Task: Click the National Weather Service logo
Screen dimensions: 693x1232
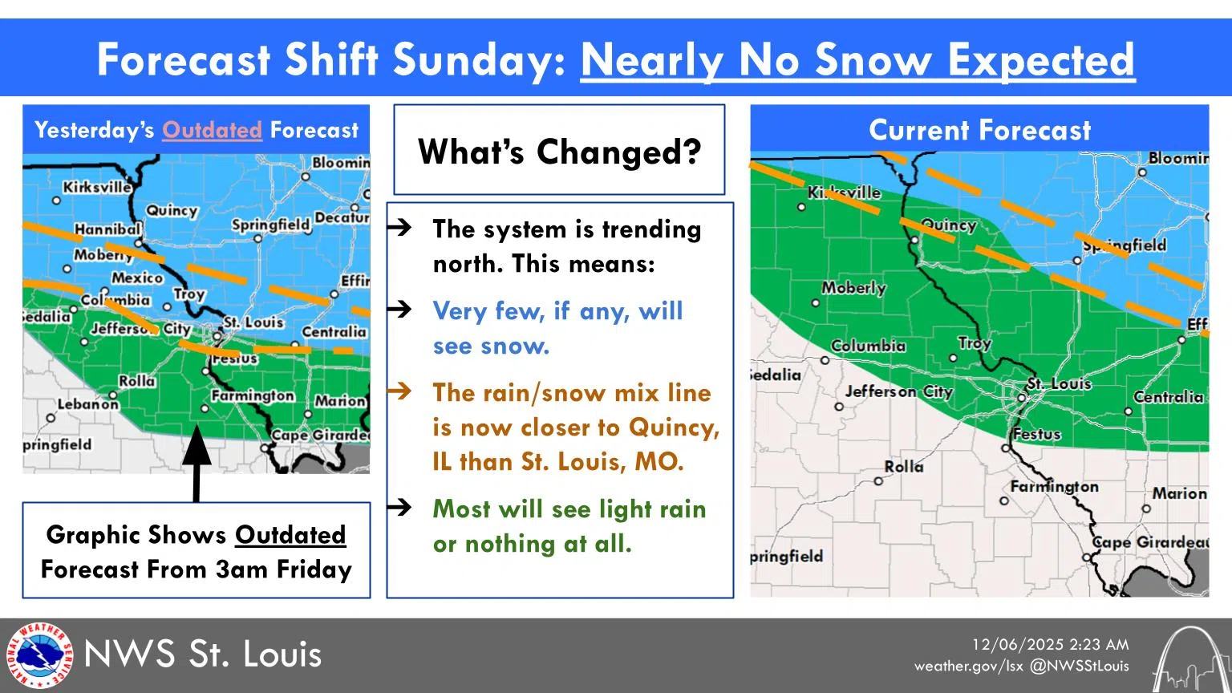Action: [38, 655]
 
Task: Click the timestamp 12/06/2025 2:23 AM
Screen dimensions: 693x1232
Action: [1050, 645]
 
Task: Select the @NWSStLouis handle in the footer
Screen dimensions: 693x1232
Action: [1079, 666]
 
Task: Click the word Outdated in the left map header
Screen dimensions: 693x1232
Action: [212, 130]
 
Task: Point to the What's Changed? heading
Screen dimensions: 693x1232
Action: [559, 152]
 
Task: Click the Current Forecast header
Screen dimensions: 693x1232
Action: [979, 130]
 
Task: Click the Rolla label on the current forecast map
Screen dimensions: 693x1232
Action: [904, 467]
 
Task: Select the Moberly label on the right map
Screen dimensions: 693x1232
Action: [853, 288]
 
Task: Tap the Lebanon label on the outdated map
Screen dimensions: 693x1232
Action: [87, 404]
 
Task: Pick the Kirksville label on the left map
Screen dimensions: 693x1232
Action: [96, 187]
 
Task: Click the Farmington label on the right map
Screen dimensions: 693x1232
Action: [1054, 487]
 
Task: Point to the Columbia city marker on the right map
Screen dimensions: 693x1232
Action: [825, 361]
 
